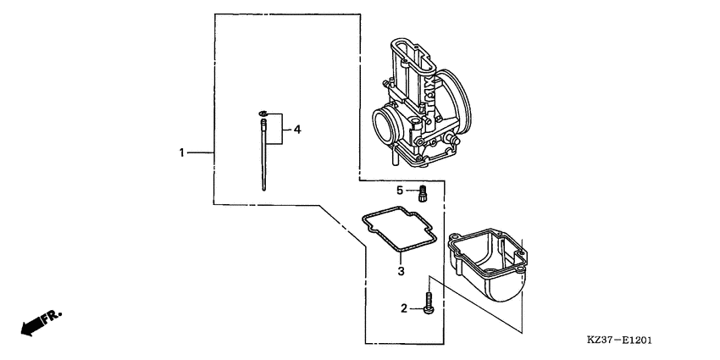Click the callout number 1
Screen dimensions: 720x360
coord(182,152)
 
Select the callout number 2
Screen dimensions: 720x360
coord(404,308)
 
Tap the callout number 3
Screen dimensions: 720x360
coord(401,271)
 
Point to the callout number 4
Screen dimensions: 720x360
coord(297,130)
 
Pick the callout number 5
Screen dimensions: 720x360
coord(400,190)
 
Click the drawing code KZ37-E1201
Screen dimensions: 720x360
coord(620,341)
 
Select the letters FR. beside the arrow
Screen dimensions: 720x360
coord(52,316)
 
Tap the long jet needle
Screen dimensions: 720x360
coord(263,154)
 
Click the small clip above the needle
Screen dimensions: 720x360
coord(263,113)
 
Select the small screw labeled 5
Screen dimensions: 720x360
coord(423,193)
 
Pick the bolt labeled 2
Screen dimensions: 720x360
coord(429,303)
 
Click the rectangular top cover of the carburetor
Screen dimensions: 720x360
coord(413,56)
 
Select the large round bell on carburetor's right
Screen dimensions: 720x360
coord(455,100)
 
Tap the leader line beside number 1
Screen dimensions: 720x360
coord(201,152)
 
